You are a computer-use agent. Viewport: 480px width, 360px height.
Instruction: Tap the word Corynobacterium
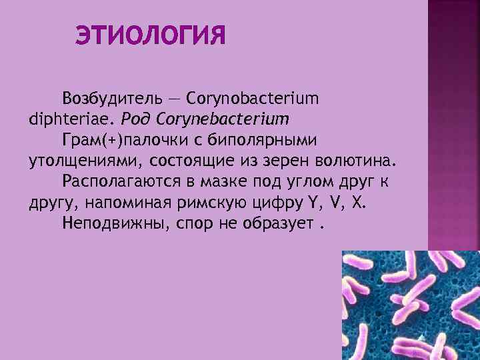click(x=253, y=99)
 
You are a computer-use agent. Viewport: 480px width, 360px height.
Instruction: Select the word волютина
click(x=355, y=161)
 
